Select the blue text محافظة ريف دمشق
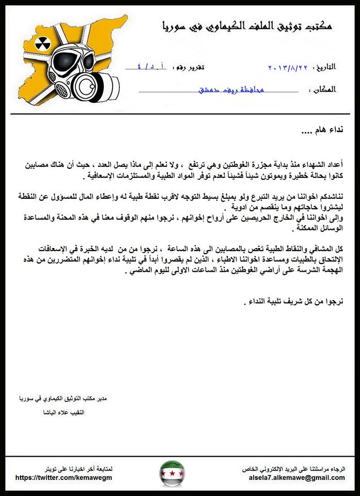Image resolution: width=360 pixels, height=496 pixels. coord(231,90)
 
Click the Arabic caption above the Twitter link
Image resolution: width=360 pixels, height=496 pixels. coord(79,469)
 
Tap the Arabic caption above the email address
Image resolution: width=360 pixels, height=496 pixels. coord(296,469)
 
